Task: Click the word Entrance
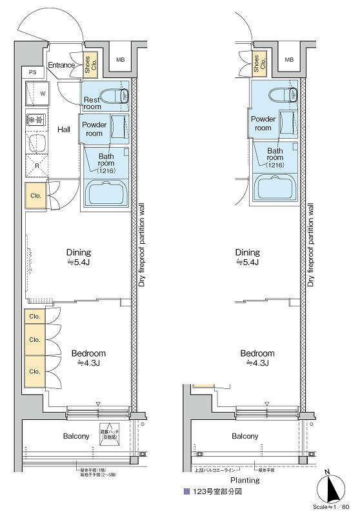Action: coord(62,65)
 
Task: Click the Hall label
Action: coord(64,130)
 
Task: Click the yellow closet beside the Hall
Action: coord(35,196)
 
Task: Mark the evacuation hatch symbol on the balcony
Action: coord(109,434)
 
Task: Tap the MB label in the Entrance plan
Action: coord(119,60)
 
